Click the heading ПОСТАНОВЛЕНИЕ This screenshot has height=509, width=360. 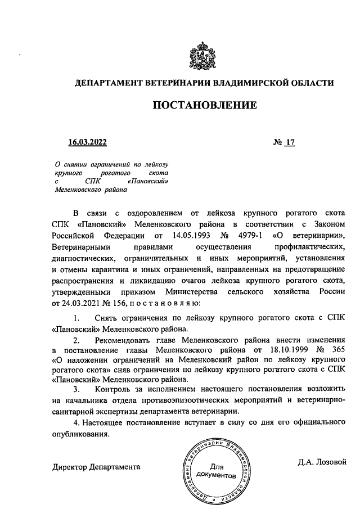point(205,105)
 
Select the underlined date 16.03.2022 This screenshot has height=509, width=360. point(87,143)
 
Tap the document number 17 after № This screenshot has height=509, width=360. point(290,143)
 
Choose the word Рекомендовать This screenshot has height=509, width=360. point(122,340)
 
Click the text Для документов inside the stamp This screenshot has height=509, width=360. point(217,471)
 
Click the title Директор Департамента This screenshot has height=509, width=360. point(96,467)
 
